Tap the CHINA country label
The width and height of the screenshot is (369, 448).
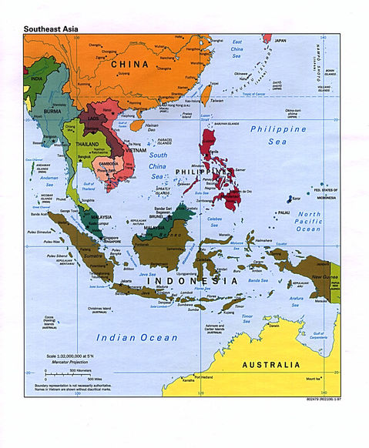(129, 65)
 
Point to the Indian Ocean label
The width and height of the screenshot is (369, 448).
(137, 337)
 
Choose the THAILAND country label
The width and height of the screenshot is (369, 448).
(86, 144)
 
